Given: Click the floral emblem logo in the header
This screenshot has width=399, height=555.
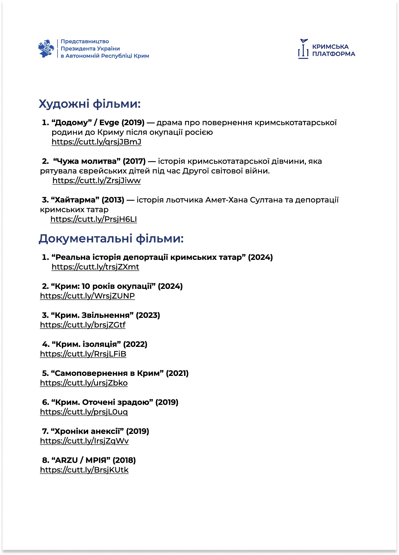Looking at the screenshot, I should click(46, 49).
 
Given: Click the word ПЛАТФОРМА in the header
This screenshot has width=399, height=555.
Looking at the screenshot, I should click(333, 54).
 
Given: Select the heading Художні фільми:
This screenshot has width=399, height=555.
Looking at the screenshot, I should click(90, 104).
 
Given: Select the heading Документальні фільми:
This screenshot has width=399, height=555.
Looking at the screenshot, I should click(111, 239).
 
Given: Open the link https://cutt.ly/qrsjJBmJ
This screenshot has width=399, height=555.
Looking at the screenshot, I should click(96, 142).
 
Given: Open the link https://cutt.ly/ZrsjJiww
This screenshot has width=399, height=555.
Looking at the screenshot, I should click(97, 181).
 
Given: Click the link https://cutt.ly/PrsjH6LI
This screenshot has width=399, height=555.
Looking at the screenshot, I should click(93, 219).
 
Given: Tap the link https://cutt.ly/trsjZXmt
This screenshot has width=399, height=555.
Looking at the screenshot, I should click(95, 267).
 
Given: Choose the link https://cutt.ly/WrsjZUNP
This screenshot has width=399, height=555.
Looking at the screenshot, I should click(87, 296).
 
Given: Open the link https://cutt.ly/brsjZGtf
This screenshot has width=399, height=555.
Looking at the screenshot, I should click(83, 325).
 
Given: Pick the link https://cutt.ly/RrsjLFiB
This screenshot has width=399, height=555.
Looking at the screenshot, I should click(83, 354).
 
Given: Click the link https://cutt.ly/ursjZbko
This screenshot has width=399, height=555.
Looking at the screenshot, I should click(84, 383).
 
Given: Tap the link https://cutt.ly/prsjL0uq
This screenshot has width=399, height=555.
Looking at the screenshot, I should click(84, 412).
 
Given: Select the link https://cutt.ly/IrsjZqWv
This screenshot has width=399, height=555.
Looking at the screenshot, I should click(84, 441).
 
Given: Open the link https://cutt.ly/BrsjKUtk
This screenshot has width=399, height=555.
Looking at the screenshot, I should click(84, 470).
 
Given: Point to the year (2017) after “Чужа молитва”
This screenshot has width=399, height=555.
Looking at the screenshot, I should click(134, 161).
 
